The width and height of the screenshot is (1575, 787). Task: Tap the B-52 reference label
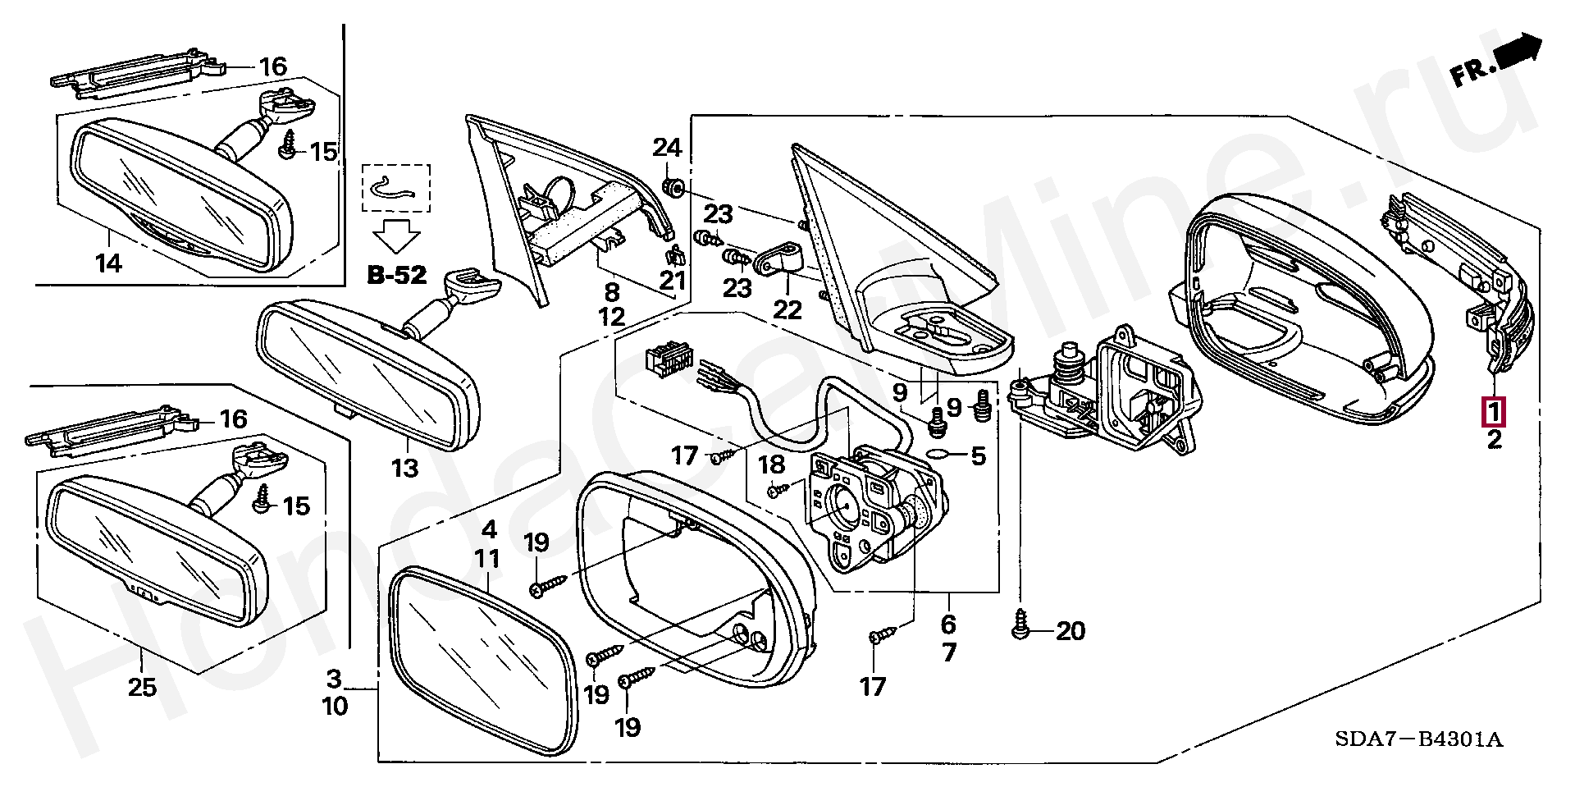(396, 276)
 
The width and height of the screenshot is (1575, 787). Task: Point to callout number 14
(108, 264)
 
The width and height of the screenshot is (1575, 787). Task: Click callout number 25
(141, 687)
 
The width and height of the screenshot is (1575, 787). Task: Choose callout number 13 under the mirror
(404, 469)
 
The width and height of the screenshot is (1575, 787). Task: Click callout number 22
(787, 310)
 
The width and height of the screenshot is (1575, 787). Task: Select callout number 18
(771, 465)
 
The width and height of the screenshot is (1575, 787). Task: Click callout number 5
(977, 455)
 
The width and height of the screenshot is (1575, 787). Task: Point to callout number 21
(673, 281)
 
